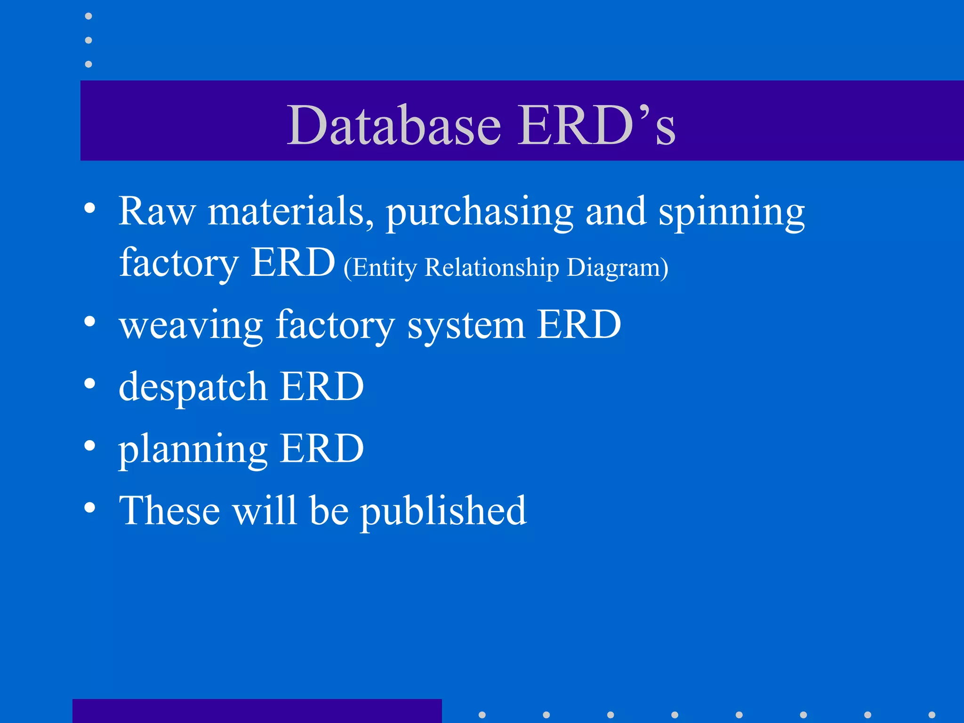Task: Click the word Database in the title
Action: pyautogui.click(x=394, y=125)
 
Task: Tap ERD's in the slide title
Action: pyautogui.click(x=596, y=125)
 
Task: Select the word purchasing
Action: pyautogui.click(x=480, y=213)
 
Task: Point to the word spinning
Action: pyautogui.click(x=731, y=213)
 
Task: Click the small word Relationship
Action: pyautogui.click(x=492, y=268)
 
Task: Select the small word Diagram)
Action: pyautogui.click(x=617, y=268)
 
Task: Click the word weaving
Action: pyautogui.click(x=191, y=326)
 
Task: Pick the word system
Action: pyautogui.click(x=466, y=326)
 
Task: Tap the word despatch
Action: pyautogui.click(x=193, y=387)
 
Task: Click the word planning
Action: pyautogui.click(x=193, y=450)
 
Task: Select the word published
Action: pyautogui.click(x=443, y=511)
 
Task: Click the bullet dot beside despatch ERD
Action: pyautogui.click(x=90, y=384)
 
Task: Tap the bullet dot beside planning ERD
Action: pyautogui.click(x=90, y=445)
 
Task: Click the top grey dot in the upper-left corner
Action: pyautogui.click(x=88, y=16)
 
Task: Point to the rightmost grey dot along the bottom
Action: pyautogui.click(x=932, y=715)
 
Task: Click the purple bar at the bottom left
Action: pyautogui.click(x=257, y=711)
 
